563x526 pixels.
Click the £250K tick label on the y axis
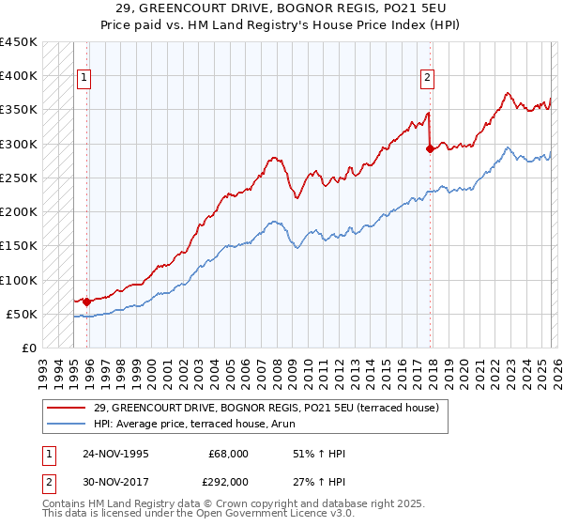[19, 178]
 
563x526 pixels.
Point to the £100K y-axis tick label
[19, 280]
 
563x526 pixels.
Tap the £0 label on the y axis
[29, 348]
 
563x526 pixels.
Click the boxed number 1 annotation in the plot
[84, 79]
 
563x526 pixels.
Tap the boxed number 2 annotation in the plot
[427, 79]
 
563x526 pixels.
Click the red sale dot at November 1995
[87, 302]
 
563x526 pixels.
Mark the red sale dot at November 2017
[431, 148]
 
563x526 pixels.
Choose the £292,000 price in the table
[229, 480]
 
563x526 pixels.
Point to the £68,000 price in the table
[229, 454]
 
